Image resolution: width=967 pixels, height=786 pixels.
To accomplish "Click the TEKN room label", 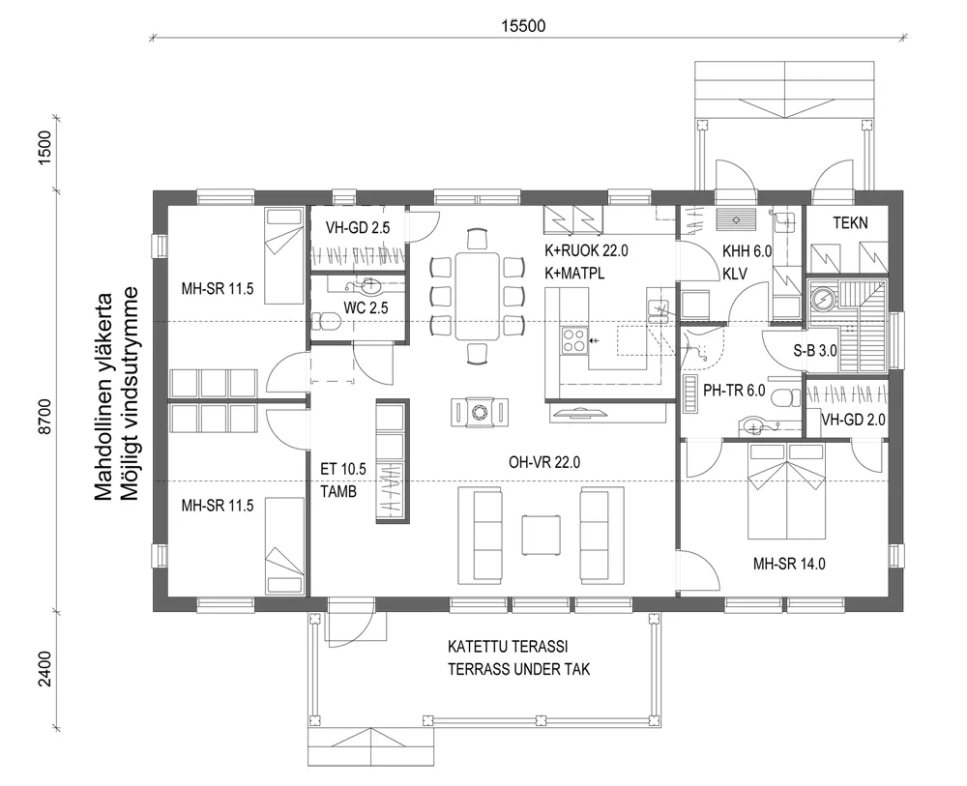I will pyautogui.click(x=851, y=223).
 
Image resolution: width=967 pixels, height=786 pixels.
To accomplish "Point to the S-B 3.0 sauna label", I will pyautogui.click(x=814, y=352).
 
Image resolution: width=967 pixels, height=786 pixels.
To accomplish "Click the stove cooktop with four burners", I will pyautogui.click(x=572, y=339).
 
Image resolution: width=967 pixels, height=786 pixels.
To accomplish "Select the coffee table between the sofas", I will pyautogui.click(x=541, y=533).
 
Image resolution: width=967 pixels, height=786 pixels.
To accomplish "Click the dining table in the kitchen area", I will pyautogui.click(x=479, y=294).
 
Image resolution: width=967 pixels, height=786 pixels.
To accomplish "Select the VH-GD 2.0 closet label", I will pyautogui.click(x=853, y=420).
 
